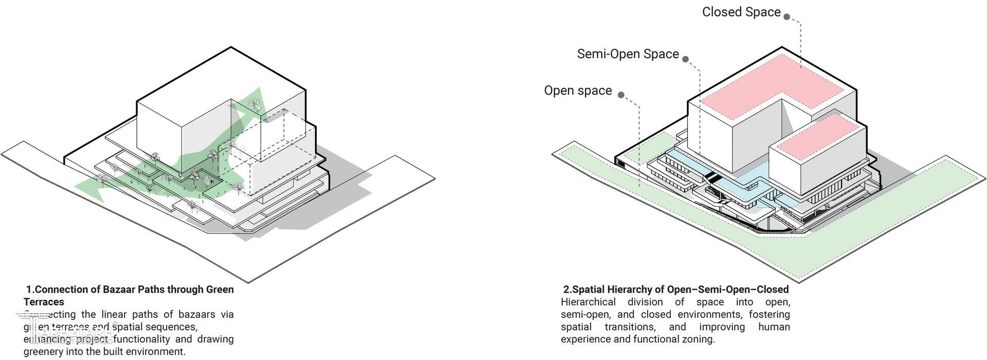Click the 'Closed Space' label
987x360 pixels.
click(741, 12)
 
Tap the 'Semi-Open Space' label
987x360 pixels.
click(628, 54)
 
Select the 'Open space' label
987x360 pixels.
click(578, 91)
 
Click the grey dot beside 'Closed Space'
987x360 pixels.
click(787, 16)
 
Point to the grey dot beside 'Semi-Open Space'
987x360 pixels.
click(685, 59)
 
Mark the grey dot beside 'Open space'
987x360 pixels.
click(621, 95)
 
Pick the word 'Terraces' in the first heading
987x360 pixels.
click(44, 302)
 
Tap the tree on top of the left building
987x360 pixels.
click(253, 103)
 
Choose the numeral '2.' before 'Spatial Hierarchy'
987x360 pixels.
click(567, 290)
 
